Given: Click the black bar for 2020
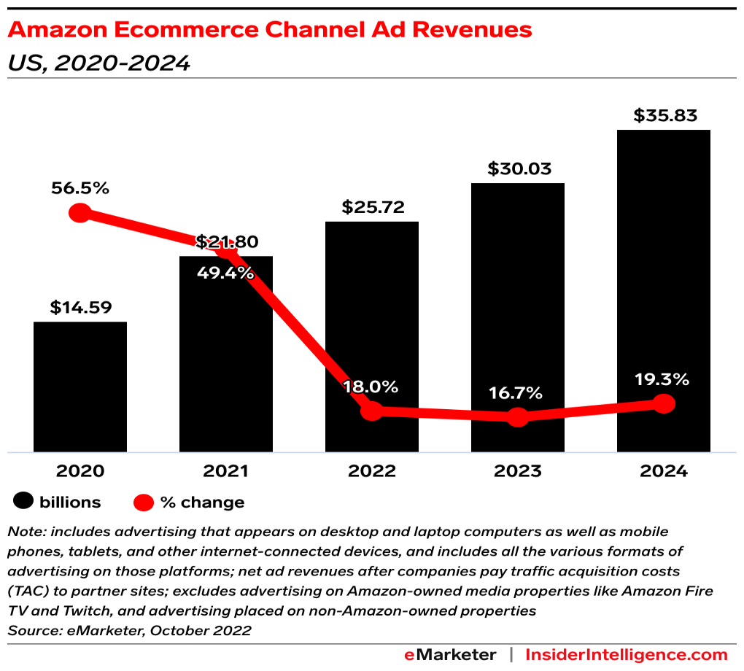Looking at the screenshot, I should [x=80, y=387].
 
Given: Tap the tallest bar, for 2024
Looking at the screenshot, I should [x=664, y=291].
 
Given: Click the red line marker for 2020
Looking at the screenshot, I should [x=80, y=213].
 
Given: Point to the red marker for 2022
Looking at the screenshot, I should [x=372, y=411].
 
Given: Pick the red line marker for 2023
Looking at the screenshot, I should [x=518, y=417].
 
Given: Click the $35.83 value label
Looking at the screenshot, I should [x=665, y=115].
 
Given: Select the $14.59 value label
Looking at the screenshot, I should [x=81, y=308].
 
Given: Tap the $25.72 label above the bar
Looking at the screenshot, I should [x=373, y=208].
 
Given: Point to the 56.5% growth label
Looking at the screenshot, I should [x=80, y=188].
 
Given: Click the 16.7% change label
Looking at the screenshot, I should [x=516, y=394].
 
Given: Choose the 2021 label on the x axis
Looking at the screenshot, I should [x=226, y=471].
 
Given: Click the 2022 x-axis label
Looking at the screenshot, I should [x=372, y=471].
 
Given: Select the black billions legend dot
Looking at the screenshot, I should [x=24, y=502].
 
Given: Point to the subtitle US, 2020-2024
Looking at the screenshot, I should [x=98, y=63].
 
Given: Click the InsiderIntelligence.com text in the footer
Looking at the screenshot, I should [x=627, y=654].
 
